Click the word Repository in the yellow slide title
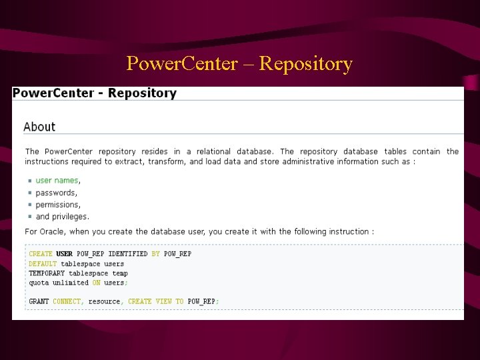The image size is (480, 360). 305,64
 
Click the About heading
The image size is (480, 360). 39,127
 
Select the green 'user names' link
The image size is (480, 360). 57,180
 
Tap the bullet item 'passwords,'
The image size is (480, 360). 56,193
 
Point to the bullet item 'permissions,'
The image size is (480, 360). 58,205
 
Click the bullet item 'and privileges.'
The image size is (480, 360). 62,217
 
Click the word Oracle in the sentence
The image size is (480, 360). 54,231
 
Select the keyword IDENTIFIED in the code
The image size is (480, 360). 127,254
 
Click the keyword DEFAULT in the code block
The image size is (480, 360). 43,263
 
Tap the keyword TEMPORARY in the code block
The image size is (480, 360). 47,273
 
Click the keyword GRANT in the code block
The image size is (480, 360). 39,301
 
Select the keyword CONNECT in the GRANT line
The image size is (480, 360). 67,301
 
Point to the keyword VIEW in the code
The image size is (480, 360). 164,301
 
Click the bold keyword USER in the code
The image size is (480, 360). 65,254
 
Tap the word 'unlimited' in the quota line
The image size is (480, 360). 71,283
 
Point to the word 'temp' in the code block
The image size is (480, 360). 120,273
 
